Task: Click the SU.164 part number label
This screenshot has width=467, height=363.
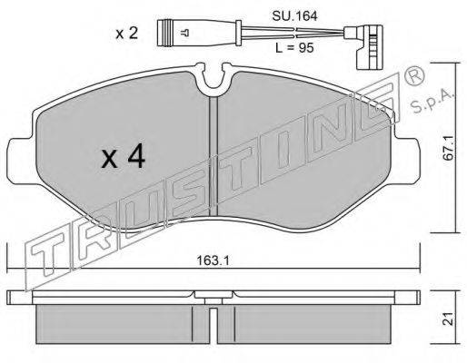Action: pyautogui.click(x=294, y=16)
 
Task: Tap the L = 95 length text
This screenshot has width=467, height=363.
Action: pyautogui.click(x=294, y=47)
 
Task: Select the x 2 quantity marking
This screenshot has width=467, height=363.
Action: pyautogui.click(x=127, y=33)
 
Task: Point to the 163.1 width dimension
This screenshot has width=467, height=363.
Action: pyautogui.click(x=213, y=260)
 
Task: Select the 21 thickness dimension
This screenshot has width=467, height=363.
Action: pyautogui.click(x=448, y=319)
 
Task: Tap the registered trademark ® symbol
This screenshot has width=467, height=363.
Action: pyautogui.click(x=413, y=77)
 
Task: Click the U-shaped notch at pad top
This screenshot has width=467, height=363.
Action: pyautogui.click(x=214, y=79)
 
